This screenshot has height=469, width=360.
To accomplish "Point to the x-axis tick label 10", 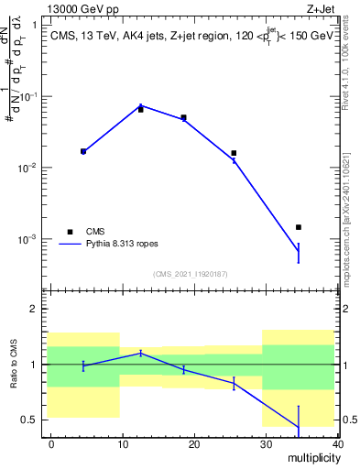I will pos(123,443).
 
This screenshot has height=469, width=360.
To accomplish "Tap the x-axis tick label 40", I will pos(336,443).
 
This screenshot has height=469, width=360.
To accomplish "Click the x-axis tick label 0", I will pos(51,443).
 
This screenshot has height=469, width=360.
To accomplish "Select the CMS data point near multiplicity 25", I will pos(234,153).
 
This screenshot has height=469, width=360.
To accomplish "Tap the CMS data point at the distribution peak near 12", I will pos(140,109).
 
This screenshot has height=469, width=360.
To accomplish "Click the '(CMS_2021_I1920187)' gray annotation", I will pos(190,274).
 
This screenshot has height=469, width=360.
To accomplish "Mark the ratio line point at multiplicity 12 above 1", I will pos(140,353).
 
